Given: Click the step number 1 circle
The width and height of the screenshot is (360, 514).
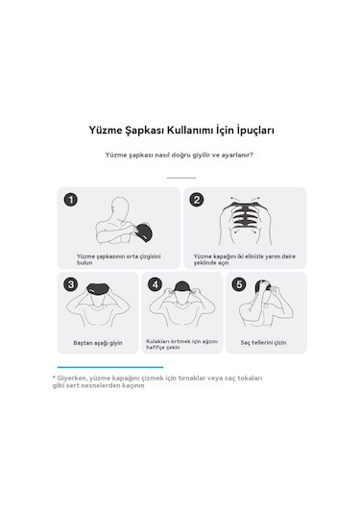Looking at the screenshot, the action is pos(71,200).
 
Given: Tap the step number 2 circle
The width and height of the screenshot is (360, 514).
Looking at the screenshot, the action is pos(197,200).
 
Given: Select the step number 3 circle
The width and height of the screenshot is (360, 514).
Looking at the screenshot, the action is pos(71,284).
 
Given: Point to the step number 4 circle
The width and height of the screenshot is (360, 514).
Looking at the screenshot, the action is pos(155,284).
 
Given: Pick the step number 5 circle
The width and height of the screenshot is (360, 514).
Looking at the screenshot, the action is pos(239,284).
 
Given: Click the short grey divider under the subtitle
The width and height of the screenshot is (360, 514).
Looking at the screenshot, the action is pos(181,178).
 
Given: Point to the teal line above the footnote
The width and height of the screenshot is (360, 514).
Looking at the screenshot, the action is pos(110,367).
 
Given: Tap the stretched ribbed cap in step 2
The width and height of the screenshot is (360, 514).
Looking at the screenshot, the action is pos(245,217).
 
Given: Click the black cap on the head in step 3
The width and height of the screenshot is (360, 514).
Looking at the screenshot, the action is pos(98,290).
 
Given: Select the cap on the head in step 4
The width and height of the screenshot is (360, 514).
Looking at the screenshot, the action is pos(182,286).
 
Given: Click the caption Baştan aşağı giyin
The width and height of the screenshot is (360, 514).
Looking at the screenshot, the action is pos(98,343).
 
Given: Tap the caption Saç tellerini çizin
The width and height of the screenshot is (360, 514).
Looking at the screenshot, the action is pos(263,343).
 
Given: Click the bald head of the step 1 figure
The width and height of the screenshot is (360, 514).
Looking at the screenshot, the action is pos(119,207).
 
